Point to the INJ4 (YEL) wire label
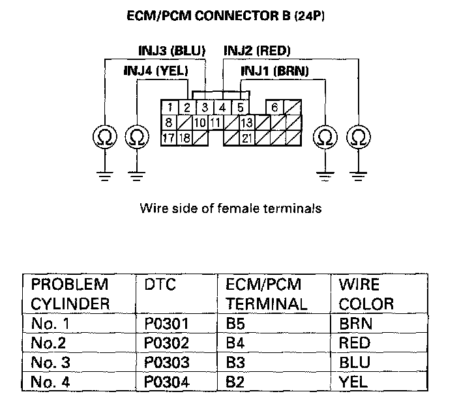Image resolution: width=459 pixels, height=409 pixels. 155,70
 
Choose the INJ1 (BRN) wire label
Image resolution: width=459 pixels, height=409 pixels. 274,70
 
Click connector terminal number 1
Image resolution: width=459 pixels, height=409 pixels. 169,107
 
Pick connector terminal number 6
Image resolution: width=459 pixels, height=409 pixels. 275,107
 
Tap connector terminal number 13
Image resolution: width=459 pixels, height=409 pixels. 246,122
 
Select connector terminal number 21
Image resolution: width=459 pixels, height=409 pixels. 246,138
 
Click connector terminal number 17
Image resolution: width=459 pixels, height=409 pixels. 168,138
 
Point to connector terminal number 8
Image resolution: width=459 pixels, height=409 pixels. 168,122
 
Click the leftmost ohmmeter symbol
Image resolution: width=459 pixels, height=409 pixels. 104,137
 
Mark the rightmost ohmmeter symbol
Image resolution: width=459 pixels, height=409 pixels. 358,137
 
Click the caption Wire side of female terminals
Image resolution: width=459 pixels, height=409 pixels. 230,209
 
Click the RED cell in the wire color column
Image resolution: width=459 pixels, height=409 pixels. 355,343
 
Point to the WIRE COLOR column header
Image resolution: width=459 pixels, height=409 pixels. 366,294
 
